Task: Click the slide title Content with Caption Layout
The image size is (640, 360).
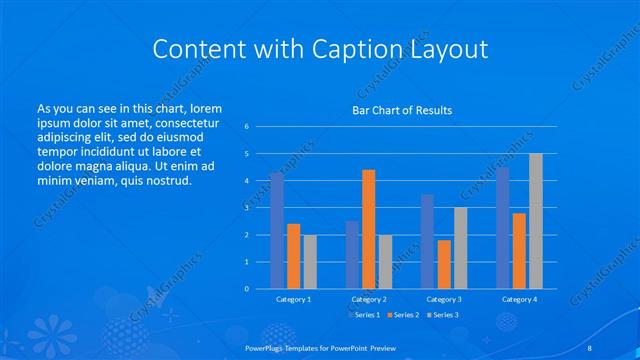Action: pos(319,49)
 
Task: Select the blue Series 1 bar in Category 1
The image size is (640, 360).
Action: pos(277,231)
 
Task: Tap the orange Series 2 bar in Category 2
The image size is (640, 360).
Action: pos(368,229)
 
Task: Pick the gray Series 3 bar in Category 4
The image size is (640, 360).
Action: pos(535,221)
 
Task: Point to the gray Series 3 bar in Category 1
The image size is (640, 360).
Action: pos(309,261)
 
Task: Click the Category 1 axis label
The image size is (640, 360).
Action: pos(293,299)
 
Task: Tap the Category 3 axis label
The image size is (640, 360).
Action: pos(443,299)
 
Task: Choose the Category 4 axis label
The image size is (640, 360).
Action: pos(518,299)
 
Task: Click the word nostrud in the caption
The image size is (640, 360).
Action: pos(167,180)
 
